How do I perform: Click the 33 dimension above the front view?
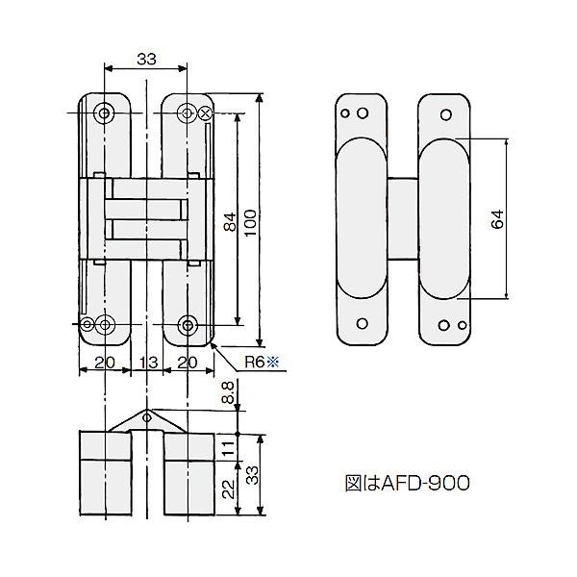point(145,59)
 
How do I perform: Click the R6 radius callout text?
point(253,362)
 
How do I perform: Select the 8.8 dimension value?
point(227,392)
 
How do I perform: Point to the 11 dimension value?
point(227,445)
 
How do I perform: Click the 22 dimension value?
point(227,489)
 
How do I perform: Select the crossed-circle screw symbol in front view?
point(205,113)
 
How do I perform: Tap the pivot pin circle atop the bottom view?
point(145,416)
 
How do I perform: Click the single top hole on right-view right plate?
point(445,113)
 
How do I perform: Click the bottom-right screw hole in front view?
point(188,323)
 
